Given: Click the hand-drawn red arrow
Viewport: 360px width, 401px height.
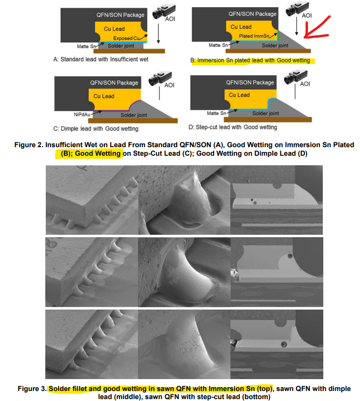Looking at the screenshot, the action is coord(317,28).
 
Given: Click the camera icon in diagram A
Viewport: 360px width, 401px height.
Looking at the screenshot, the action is coord(164,12).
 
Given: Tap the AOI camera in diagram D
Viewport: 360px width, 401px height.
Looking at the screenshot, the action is coord(296,77).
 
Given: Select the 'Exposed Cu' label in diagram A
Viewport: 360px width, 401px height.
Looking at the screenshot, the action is coord(126,39).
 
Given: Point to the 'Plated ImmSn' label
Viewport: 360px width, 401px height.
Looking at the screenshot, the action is coord(254,36).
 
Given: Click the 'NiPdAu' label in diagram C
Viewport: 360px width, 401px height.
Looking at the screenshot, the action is coord(82,114).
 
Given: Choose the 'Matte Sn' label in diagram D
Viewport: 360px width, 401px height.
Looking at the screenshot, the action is coord(216,113).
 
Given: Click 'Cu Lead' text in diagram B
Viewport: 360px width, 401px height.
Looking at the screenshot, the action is coord(241,27).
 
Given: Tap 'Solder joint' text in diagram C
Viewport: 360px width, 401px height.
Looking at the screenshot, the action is coord(134,115).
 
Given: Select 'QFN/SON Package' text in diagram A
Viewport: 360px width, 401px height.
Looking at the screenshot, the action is coord(120,15).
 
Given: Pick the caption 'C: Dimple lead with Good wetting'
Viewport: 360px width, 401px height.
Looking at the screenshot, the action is coord(96,129).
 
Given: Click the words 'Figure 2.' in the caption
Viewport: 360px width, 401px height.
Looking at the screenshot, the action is coord(29,145).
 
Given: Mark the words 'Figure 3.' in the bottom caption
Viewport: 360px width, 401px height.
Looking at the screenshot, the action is coord(32,389).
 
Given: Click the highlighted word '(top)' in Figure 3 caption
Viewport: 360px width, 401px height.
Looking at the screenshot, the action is coord(265,389).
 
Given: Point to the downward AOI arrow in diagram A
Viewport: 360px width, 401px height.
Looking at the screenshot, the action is coord(158,34).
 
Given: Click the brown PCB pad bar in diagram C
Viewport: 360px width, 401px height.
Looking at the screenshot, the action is coord(133,120).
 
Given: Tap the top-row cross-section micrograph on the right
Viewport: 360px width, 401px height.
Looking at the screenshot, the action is coord(277,200).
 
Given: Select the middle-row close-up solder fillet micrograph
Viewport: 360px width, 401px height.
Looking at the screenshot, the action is coord(185,272).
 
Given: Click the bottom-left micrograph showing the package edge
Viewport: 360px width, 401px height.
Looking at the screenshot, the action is coord(92,344).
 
